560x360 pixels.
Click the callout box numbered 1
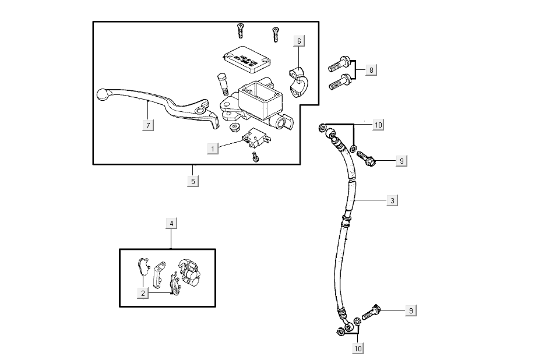click(x=213, y=149)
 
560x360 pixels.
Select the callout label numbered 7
click(x=149, y=125)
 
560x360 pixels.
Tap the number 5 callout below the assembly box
click(x=193, y=181)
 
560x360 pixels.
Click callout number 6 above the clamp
click(x=299, y=41)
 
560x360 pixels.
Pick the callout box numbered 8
click(x=371, y=70)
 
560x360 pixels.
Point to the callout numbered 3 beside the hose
click(x=393, y=200)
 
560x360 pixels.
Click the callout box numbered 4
click(x=171, y=223)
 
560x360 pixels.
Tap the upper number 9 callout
click(x=400, y=161)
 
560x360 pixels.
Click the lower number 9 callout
click(x=411, y=310)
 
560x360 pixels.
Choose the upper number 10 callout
click(x=378, y=125)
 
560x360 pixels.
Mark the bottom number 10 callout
click(x=357, y=348)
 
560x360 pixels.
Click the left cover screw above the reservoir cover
click(x=240, y=30)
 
